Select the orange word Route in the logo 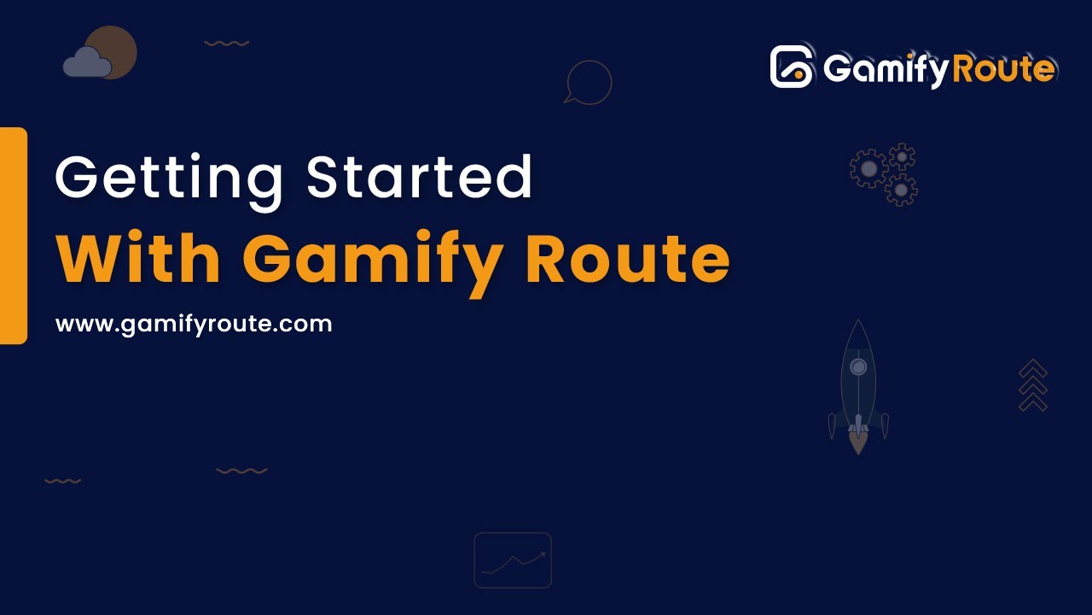(1003, 68)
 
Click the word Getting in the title (169, 178)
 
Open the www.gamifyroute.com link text (194, 325)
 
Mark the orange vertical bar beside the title (13, 236)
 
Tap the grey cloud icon (86, 63)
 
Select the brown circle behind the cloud (114, 46)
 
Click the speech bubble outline (589, 82)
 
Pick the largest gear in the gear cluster (868, 169)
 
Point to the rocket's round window (858, 367)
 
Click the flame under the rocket (858, 442)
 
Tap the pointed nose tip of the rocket (858, 323)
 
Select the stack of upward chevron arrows (1033, 385)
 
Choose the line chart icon (513, 560)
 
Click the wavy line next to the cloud (227, 43)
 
